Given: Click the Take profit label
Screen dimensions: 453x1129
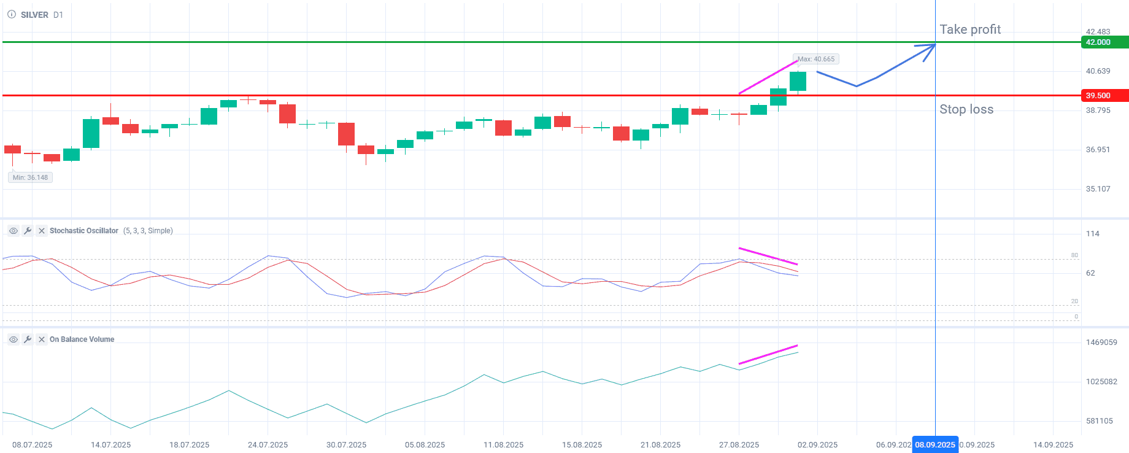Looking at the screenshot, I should coord(969,29).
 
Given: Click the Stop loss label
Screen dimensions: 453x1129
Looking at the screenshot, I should coord(966,109).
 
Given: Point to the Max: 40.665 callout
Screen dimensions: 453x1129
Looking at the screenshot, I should coord(816,59).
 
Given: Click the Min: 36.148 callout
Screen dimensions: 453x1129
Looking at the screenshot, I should coord(30,177).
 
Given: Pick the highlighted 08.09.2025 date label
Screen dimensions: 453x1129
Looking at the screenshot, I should coord(934,444).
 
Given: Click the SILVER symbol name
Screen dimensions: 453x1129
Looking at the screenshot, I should coord(34,15).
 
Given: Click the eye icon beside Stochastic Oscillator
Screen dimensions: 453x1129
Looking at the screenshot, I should coord(13,231).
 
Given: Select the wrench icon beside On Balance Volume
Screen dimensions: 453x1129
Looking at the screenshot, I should coord(28,339).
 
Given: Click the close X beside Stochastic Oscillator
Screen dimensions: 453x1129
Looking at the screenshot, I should coord(42,231).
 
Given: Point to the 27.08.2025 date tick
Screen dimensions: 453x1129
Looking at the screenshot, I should coord(739,444).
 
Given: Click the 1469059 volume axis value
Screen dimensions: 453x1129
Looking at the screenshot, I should coord(1101,343).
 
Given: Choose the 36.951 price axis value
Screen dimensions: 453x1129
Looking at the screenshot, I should coord(1098,150).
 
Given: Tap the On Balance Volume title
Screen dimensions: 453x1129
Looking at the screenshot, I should coord(82,339).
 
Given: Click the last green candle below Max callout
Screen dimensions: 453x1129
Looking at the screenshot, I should coord(798,81).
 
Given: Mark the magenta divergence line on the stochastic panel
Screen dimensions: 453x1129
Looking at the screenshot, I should coord(768,256).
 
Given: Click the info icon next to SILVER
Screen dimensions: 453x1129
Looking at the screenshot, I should coord(12,15).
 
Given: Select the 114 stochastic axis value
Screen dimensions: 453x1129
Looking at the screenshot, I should coord(1092,234).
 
